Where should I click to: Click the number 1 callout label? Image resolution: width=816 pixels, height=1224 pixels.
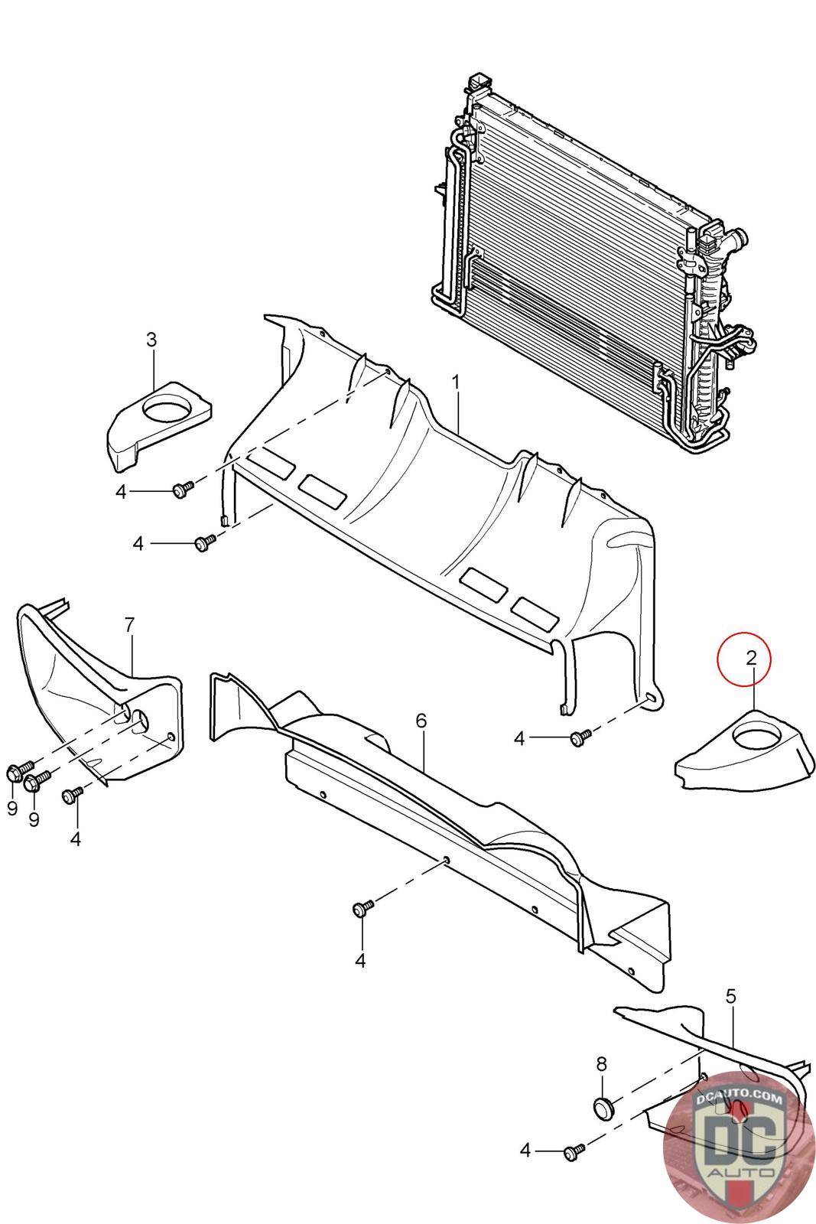tap(456, 381)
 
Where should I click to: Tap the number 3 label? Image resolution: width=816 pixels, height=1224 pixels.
tap(151, 340)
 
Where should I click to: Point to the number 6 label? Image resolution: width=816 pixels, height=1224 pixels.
tap(421, 721)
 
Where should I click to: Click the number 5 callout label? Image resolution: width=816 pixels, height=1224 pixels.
tap(730, 997)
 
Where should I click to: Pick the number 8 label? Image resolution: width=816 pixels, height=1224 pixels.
tap(601, 1063)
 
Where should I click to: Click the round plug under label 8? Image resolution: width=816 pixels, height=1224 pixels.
tap(603, 1107)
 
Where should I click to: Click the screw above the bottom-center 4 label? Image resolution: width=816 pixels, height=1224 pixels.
tap(362, 909)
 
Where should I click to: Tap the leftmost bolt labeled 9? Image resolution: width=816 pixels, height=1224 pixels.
tap(17, 772)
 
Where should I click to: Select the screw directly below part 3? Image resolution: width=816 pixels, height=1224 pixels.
tap(183, 489)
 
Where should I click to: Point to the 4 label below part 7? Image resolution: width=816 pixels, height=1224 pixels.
tap(75, 839)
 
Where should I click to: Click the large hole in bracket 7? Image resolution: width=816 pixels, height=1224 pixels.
tap(141, 721)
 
